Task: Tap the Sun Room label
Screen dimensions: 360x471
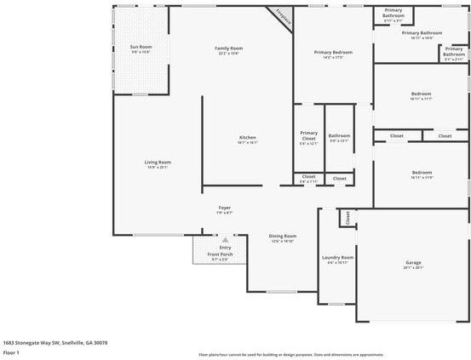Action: [x=141, y=46]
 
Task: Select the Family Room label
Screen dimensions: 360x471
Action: [x=228, y=48]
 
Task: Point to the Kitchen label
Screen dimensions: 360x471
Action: [x=247, y=137]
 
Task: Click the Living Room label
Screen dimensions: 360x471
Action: [x=157, y=162]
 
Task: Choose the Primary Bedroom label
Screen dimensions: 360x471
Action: [x=333, y=52]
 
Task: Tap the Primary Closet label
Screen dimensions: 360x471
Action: [x=308, y=135]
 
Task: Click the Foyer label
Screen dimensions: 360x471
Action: [x=225, y=208]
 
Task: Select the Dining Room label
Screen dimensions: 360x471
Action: [x=283, y=236]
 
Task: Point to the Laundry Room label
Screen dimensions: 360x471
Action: [x=337, y=257]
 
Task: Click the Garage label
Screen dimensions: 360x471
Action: [x=412, y=263]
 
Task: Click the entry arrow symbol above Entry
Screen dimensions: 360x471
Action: [x=226, y=240]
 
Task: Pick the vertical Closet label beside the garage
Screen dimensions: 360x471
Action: [x=348, y=219]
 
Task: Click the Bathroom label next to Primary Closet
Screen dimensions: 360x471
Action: [x=339, y=135]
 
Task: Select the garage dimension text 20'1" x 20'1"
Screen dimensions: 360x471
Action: [x=412, y=269]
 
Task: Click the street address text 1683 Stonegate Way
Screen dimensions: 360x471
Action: [x=55, y=342]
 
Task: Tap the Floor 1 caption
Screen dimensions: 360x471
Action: [x=12, y=351]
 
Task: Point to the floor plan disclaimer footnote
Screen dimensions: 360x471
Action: [x=290, y=354]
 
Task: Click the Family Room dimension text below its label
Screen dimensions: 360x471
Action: [x=228, y=54]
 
